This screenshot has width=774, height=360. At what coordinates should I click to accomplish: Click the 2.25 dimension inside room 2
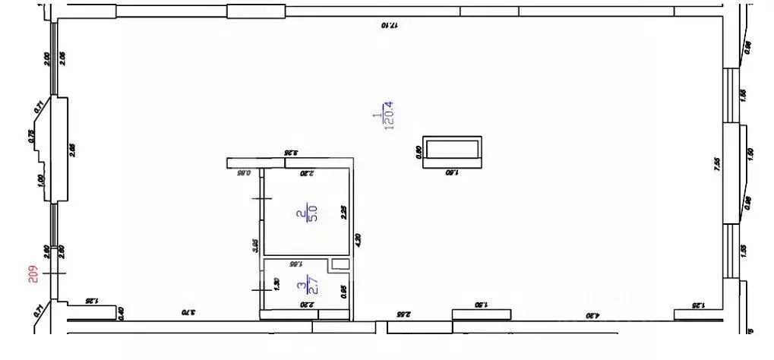pyautogui.click(x=344, y=213)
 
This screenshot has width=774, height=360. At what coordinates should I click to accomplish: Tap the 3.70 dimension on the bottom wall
pyautogui.click(x=183, y=311)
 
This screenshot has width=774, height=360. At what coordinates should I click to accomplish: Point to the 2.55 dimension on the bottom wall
pyautogui.click(x=403, y=313)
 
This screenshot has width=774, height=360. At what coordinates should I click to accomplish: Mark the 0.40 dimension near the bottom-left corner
pyautogui.click(x=120, y=311)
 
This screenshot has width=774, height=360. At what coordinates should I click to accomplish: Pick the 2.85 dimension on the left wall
pyautogui.click(x=73, y=149)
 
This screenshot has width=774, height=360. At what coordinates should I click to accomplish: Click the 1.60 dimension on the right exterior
pyautogui.click(x=752, y=152)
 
